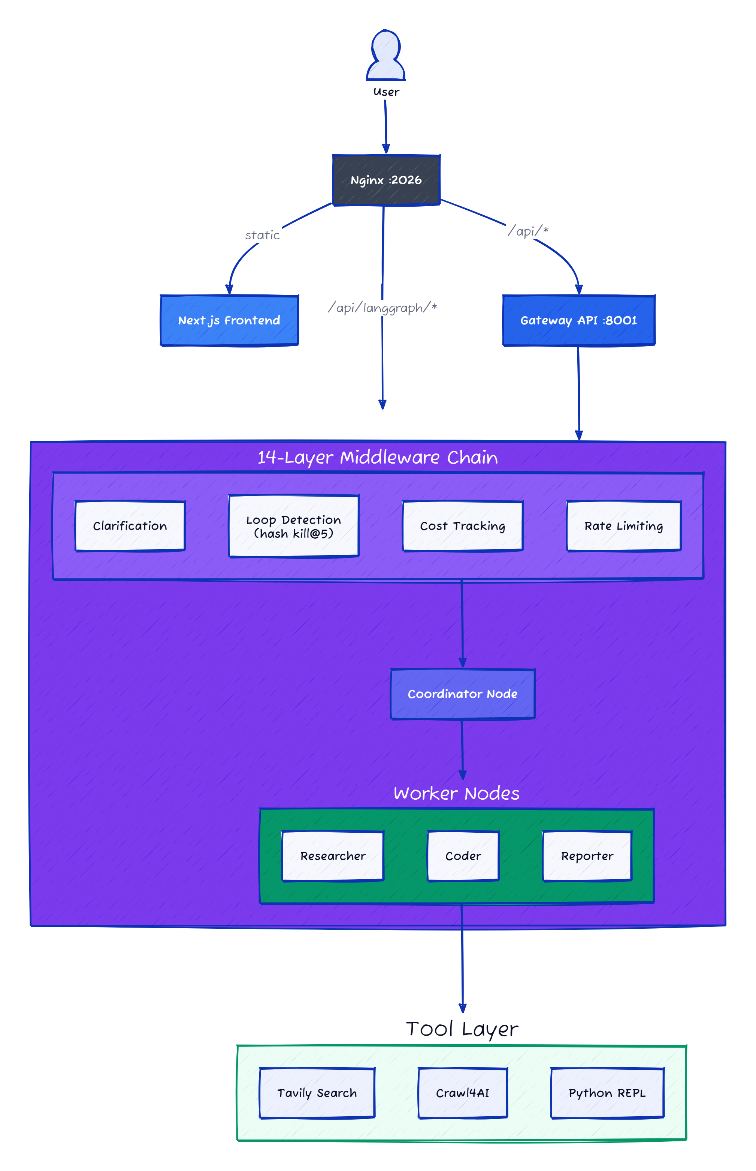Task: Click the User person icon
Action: (385, 55)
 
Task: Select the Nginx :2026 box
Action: (386, 180)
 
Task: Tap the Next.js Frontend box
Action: (229, 320)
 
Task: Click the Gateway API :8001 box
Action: (578, 320)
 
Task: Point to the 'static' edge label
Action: (262, 236)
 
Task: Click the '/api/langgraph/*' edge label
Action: (382, 308)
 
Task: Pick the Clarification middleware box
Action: (130, 526)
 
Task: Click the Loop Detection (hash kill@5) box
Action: (294, 526)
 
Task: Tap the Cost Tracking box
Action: (462, 526)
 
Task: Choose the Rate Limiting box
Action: (623, 526)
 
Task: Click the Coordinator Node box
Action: (462, 694)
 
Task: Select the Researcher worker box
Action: (333, 856)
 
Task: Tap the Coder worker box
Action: (463, 856)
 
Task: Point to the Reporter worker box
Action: (587, 856)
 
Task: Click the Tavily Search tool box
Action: (317, 1093)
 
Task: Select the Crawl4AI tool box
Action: (462, 1093)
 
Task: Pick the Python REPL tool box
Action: (607, 1093)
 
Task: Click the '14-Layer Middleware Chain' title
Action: (378, 458)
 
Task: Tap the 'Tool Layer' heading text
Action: (462, 1029)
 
